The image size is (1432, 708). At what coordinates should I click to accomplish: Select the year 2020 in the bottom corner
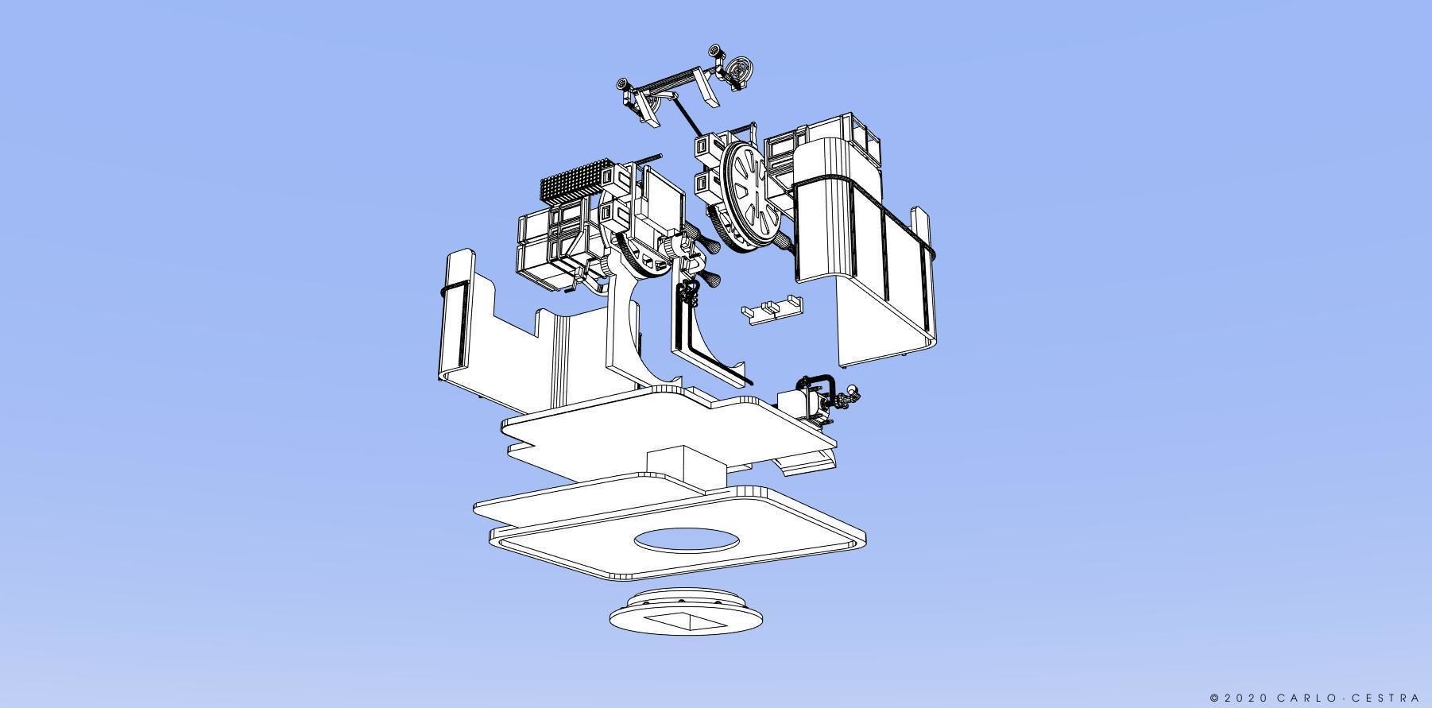[1246, 698]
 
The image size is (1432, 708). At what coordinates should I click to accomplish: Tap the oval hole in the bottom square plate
[687, 541]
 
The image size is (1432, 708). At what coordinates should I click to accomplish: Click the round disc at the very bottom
[687, 617]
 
